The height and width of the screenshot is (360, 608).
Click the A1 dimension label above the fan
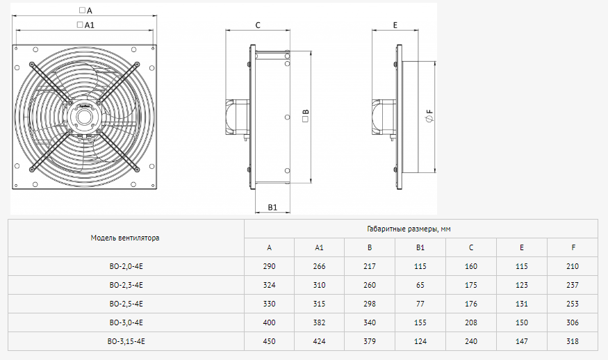pyautogui.click(x=85, y=25)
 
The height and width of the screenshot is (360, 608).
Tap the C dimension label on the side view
pyautogui.click(x=258, y=25)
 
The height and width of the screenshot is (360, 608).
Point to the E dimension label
pyautogui.click(x=395, y=25)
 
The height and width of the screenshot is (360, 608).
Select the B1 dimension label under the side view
pyautogui.click(x=272, y=208)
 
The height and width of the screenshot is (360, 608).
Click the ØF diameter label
pyautogui.click(x=429, y=115)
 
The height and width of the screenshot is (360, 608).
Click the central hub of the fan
pyautogui.click(x=85, y=117)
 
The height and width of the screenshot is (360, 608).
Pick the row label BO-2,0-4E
pyautogui.click(x=126, y=266)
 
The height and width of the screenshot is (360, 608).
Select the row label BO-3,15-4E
pyautogui.click(x=126, y=341)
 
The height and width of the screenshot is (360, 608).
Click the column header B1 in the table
pyautogui.click(x=420, y=247)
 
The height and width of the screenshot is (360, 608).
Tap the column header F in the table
pyautogui.click(x=573, y=247)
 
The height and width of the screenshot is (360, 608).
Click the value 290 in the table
pyautogui.click(x=269, y=266)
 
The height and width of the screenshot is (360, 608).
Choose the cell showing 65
pyautogui.click(x=420, y=285)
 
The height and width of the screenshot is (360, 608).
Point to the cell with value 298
pyautogui.click(x=370, y=304)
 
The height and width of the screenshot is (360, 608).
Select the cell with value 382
pyautogui.click(x=319, y=322)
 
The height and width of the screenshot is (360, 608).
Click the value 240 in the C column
pyautogui.click(x=471, y=341)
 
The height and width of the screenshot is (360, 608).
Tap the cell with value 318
pyautogui.click(x=573, y=341)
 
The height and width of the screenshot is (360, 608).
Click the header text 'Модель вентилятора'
pyautogui.click(x=125, y=238)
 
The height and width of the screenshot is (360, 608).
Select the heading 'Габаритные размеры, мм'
pyautogui.click(x=409, y=229)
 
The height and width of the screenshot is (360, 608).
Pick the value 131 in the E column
pyautogui.click(x=522, y=304)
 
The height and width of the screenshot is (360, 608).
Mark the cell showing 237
pyautogui.click(x=573, y=285)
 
